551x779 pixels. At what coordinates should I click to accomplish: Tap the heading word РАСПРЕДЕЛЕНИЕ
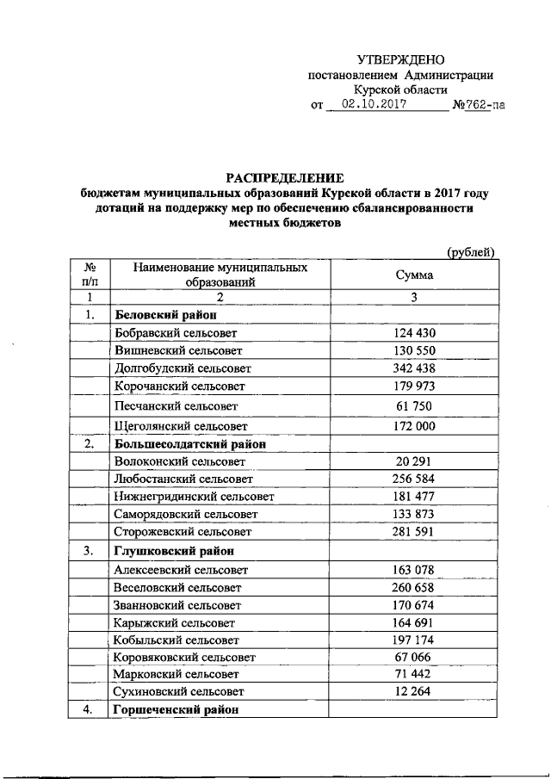286,176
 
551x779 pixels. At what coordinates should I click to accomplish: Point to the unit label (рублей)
469,251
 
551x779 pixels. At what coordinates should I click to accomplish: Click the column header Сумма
414,275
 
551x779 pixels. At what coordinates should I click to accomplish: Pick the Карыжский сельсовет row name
173,621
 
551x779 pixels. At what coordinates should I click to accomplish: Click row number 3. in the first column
89,550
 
